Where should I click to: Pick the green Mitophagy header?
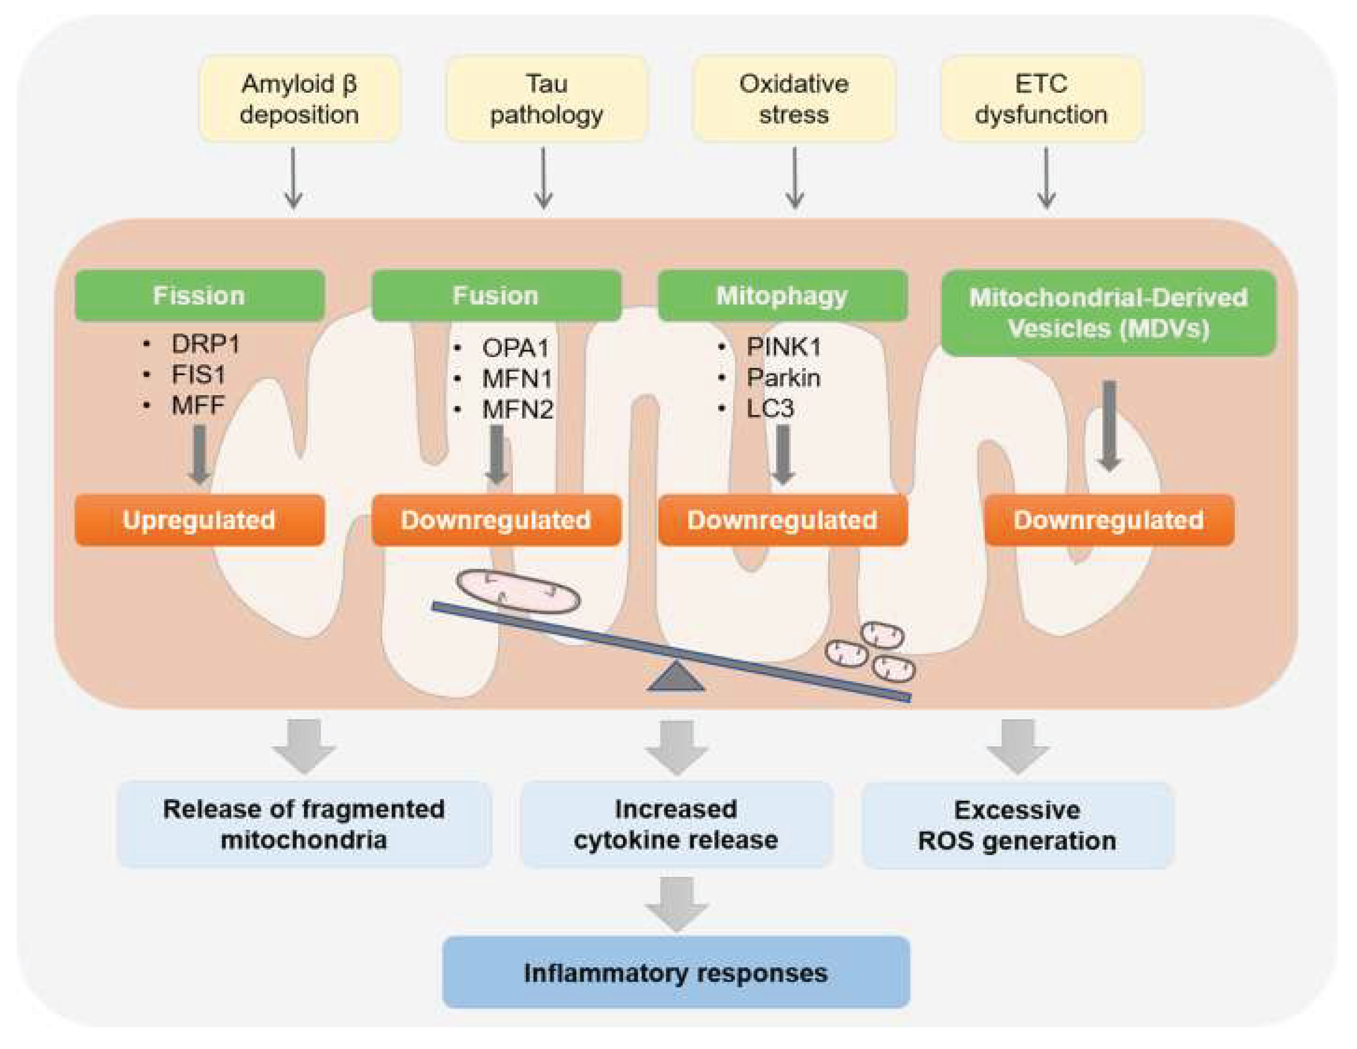click(782, 295)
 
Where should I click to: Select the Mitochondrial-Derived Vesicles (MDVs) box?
click(1109, 313)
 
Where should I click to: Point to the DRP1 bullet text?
click(205, 344)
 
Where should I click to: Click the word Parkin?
click(783, 377)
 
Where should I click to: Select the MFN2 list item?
click(517, 409)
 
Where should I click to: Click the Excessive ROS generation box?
click(1017, 825)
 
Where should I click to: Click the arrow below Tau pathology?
click(544, 178)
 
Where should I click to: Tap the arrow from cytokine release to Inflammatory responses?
click(677, 902)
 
